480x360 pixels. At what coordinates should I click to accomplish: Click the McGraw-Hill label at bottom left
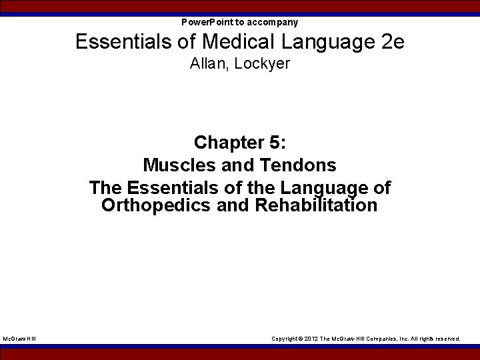(x=19, y=339)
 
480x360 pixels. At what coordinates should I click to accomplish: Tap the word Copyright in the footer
(x=285, y=339)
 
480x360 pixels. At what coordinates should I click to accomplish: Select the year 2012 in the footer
(x=311, y=339)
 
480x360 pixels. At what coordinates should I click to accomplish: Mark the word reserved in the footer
(x=446, y=339)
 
